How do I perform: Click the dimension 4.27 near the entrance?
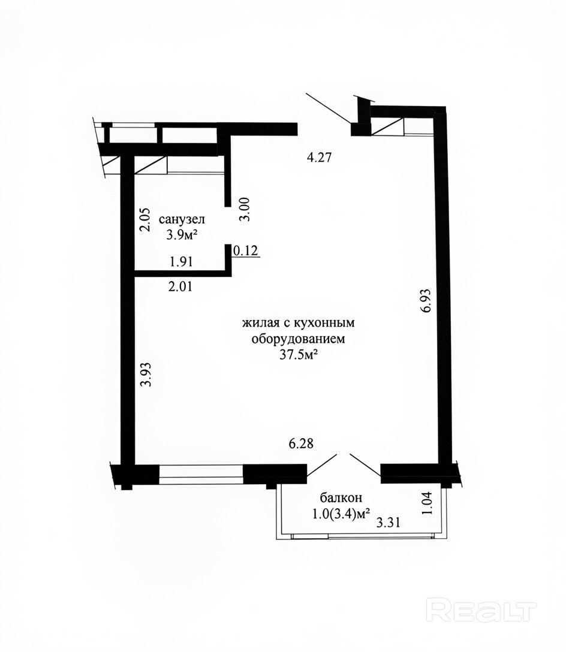click(319, 158)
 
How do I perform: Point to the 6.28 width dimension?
click(301, 443)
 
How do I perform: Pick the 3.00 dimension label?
click(245, 209)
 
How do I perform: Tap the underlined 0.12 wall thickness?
click(246, 250)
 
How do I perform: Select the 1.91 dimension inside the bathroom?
click(182, 261)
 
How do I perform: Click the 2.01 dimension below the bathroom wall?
click(180, 286)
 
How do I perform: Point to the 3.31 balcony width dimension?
click(388, 522)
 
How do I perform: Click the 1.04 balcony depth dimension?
click(427, 503)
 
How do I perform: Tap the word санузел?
click(182, 219)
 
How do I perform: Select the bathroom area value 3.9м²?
click(182, 235)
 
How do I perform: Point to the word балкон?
click(341, 497)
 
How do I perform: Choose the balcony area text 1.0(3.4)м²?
click(341, 514)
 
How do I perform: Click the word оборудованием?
click(299, 339)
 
